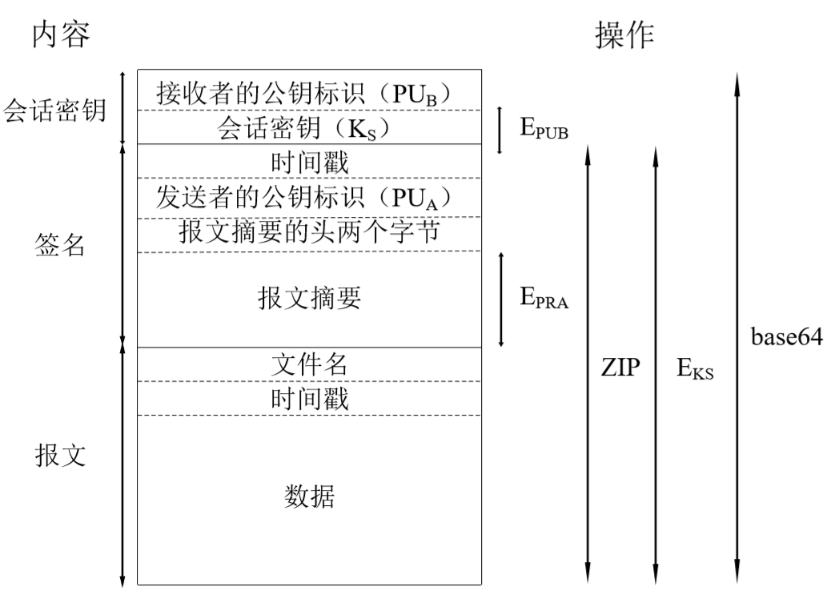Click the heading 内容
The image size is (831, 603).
coord(61,34)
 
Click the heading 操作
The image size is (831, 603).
coord(624,34)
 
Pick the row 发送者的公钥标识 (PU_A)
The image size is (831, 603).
coord(309,198)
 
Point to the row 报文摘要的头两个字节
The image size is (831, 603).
coord(309,233)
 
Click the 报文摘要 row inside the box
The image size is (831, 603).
coord(309,298)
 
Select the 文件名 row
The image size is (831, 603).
coord(309,364)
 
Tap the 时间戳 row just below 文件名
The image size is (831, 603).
coord(309,398)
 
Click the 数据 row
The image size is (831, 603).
coord(309,497)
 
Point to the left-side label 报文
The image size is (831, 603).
coord(61,456)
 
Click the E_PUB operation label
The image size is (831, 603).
coord(544,129)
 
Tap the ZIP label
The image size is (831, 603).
coord(620,368)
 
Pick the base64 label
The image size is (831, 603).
coord(785,337)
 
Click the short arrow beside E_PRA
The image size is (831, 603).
coord(502,299)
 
